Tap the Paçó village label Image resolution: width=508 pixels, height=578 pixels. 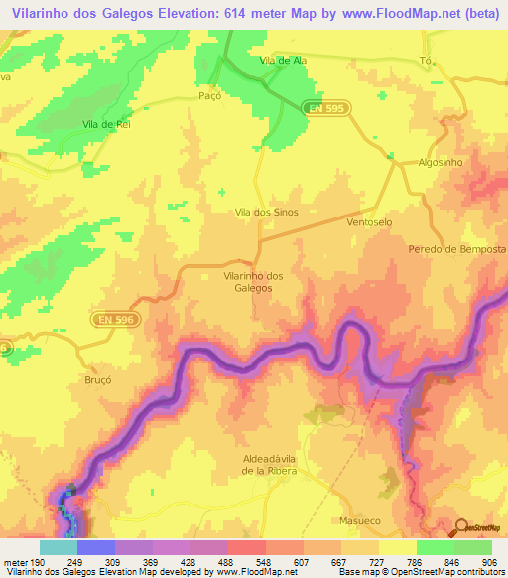point(208,97)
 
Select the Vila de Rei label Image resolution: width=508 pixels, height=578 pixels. point(107,125)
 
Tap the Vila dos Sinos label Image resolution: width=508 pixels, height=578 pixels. point(266,213)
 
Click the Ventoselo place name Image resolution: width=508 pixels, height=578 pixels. point(371,223)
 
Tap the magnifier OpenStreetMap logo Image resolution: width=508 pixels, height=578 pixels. point(460,527)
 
